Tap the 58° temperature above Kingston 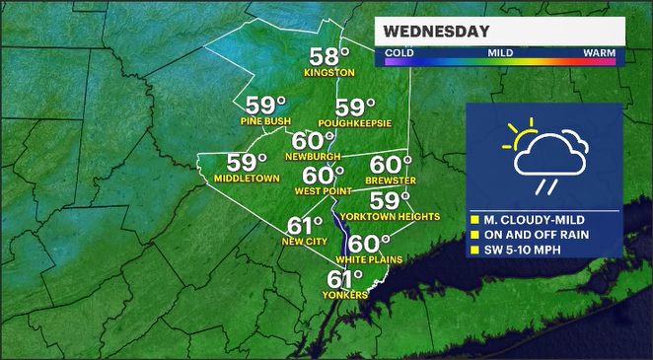(329, 56)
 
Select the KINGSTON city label (329, 73)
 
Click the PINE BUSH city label (265, 121)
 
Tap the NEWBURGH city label (313, 157)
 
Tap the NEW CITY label (305, 241)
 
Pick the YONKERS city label (345, 295)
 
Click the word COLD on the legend (399, 51)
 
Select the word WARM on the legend (598, 51)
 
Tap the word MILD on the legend (501, 51)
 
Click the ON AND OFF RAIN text (536, 235)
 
